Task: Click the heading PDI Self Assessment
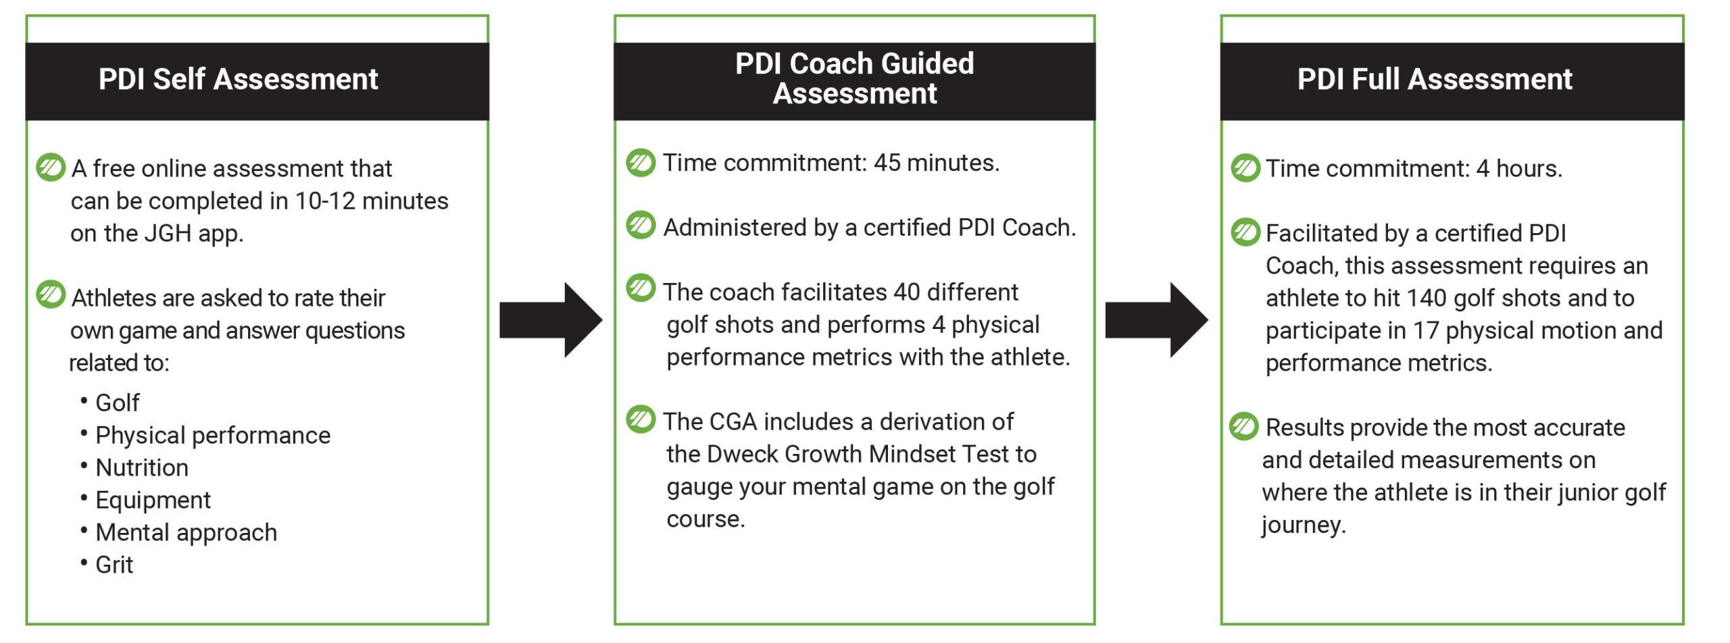tap(238, 79)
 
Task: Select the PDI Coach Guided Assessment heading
tap(855, 78)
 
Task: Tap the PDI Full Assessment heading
tap(1435, 79)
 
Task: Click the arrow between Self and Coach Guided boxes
tap(551, 320)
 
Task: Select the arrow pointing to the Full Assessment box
tap(1156, 320)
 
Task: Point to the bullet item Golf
tap(118, 403)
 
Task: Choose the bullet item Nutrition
tap(142, 467)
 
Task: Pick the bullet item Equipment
tap(153, 500)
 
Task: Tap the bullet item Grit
tap(114, 565)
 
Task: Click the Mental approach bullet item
tap(187, 533)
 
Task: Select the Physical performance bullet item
tap(213, 436)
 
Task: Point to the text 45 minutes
tap(936, 163)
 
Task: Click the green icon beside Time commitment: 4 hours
tap(1245, 168)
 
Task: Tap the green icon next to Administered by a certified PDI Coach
tap(641, 226)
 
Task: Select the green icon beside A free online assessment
tap(51, 168)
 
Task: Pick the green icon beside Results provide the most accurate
tap(1244, 427)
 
